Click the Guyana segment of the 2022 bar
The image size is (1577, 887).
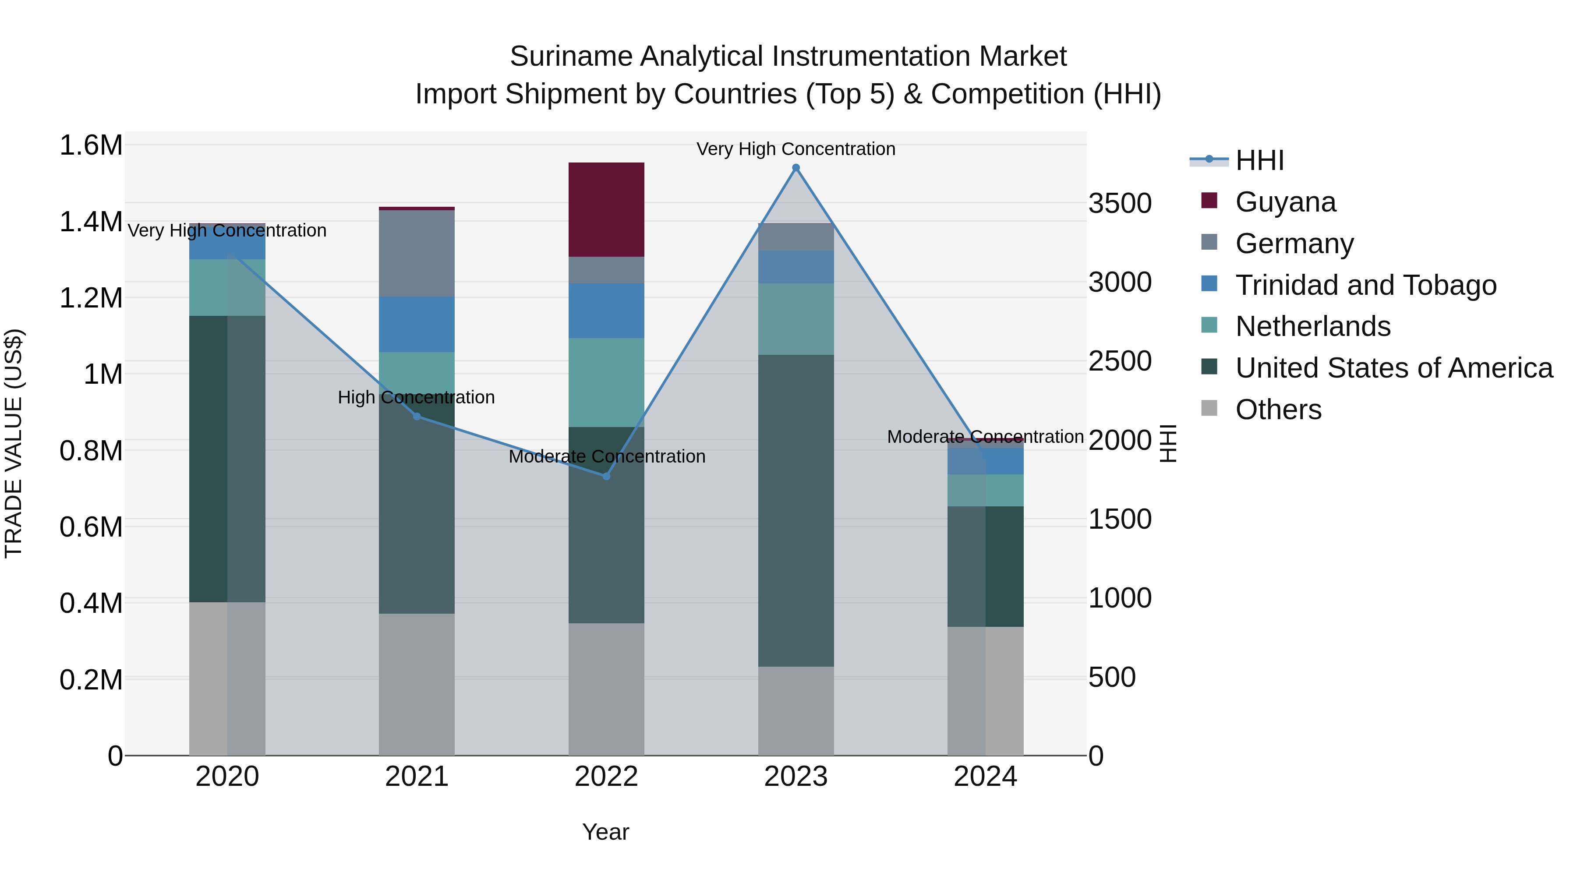pyautogui.click(x=606, y=209)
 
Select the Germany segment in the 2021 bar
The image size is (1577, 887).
pyautogui.click(x=416, y=254)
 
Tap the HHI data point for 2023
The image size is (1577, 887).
pyautogui.click(x=796, y=168)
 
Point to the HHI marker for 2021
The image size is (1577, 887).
pyautogui.click(x=417, y=416)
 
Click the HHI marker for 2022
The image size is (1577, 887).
pyautogui.click(x=606, y=476)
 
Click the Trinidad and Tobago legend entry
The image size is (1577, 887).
pyautogui.click(x=1365, y=285)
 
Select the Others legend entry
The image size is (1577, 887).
pyautogui.click(x=1278, y=410)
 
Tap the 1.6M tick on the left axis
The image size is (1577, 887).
pyautogui.click(x=91, y=146)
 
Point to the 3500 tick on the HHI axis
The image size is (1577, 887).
pyautogui.click(x=1120, y=203)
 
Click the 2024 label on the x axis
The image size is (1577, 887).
pyautogui.click(x=985, y=777)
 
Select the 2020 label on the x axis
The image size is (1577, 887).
pyautogui.click(x=227, y=777)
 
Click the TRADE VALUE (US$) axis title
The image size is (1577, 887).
pyautogui.click(x=14, y=443)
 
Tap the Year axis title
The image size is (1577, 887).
pyautogui.click(x=605, y=832)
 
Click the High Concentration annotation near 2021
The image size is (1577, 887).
pyautogui.click(x=416, y=397)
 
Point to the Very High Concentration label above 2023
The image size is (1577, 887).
pyautogui.click(x=796, y=149)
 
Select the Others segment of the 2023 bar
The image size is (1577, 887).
pyautogui.click(x=796, y=710)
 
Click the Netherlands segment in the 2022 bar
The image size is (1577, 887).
pyautogui.click(x=606, y=382)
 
